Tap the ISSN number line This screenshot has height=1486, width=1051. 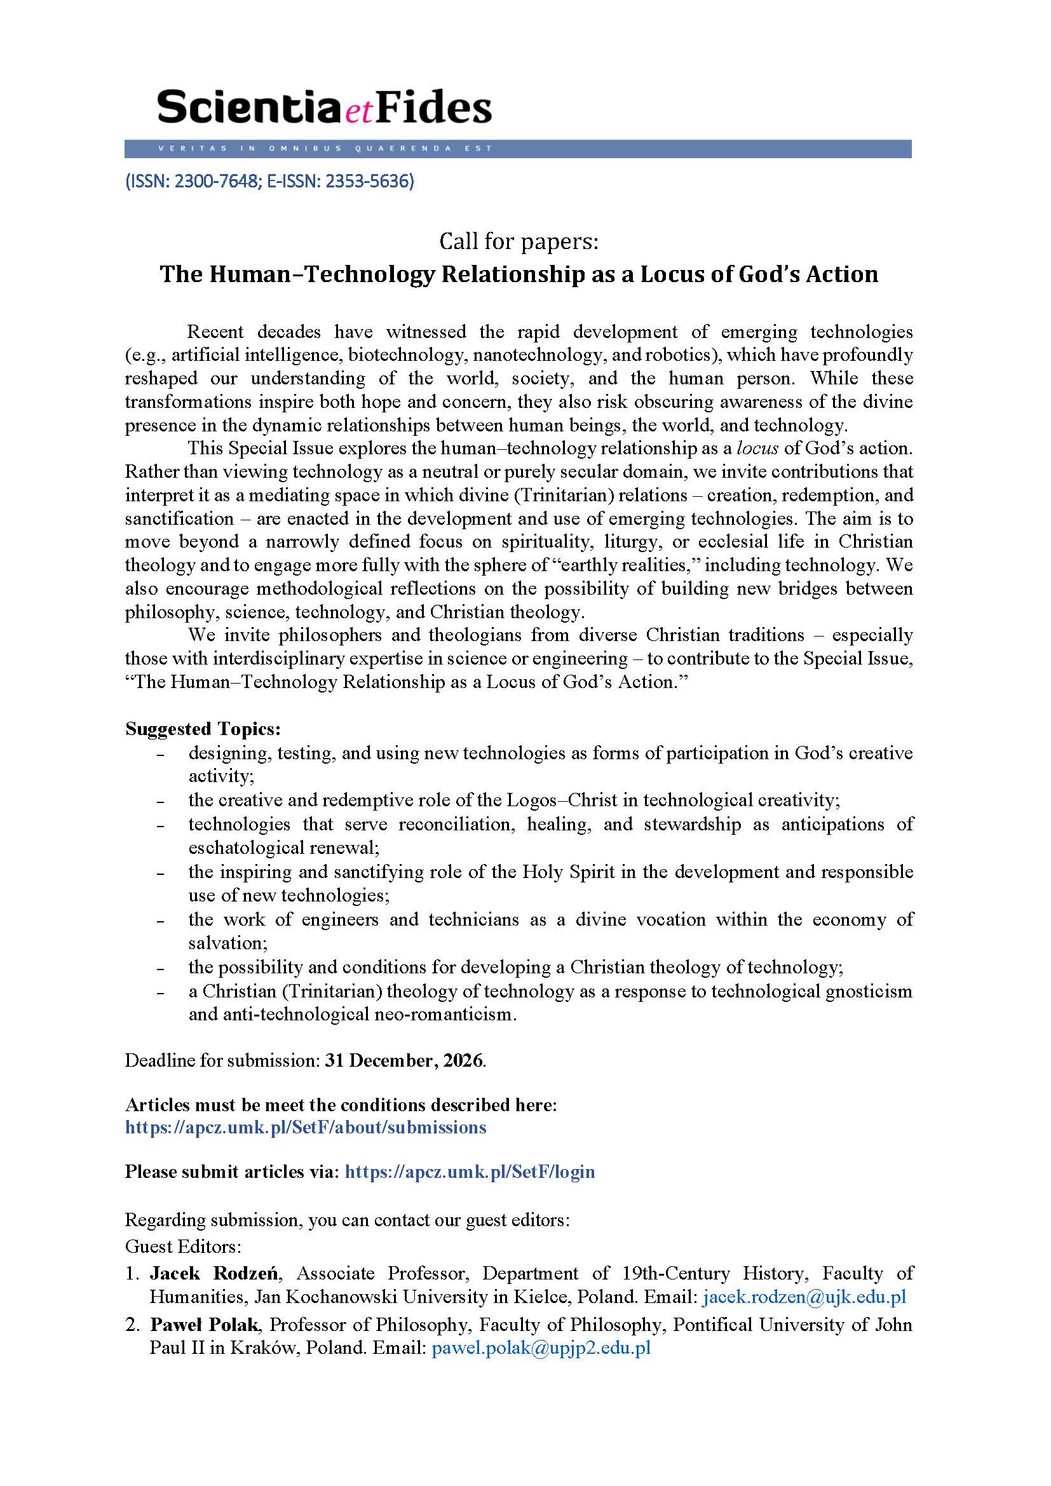pos(269,181)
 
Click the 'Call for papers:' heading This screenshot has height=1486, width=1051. pos(519,241)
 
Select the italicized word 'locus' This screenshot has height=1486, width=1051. pos(757,449)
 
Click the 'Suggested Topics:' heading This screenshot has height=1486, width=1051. pos(203,729)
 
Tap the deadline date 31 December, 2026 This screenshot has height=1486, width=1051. pos(404,1061)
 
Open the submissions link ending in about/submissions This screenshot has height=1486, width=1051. pos(305,1128)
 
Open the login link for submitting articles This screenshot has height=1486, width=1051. pos(469,1172)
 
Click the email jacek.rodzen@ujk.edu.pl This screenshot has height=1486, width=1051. pos(804,1297)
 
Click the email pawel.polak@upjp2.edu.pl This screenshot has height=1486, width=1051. pos(540,1348)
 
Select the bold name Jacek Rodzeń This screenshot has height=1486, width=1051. pos(214,1274)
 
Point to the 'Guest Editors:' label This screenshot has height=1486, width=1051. pos(183,1246)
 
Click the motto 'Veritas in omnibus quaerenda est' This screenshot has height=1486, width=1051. pos(324,149)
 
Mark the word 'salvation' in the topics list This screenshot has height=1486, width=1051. pos(228,943)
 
